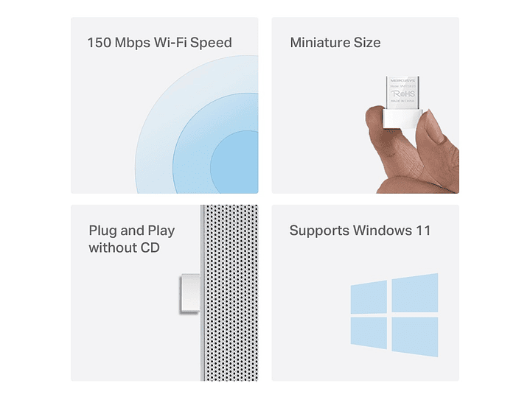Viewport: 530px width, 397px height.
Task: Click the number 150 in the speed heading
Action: [x=100, y=43]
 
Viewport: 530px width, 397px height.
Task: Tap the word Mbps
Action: [x=132, y=43]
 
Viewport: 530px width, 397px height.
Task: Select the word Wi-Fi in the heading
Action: [x=172, y=43]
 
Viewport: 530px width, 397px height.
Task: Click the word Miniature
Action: [x=321, y=43]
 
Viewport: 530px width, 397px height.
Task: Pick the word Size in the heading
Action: [x=367, y=43]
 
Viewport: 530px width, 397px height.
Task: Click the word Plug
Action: [x=103, y=231]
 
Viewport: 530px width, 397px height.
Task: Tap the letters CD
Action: [x=150, y=248]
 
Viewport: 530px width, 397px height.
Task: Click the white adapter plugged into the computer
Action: [x=189, y=293]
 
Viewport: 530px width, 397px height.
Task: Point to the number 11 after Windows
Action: [x=422, y=231]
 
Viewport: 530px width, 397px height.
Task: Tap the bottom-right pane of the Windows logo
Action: [x=415, y=337]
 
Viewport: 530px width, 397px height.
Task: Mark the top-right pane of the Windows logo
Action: [x=415, y=292]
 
